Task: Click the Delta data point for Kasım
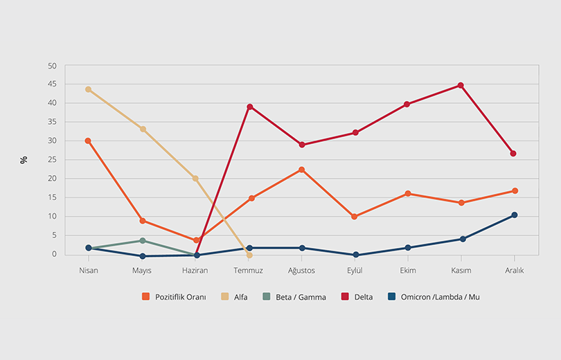click(461, 86)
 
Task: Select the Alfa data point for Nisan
click(89, 89)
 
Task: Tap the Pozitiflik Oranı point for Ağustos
click(302, 170)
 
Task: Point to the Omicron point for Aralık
click(514, 215)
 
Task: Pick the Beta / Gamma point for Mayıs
click(142, 241)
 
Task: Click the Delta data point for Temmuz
click(249, 107)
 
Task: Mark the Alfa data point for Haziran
click(195, 179)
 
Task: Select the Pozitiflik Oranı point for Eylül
click(355, 217)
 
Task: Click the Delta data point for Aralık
click(514, 154)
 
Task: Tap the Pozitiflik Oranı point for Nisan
click(88, 141)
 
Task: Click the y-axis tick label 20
click(53, 179)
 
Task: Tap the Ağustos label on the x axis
click(302, 271)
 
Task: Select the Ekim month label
click(407, 271)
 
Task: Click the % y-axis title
click(24, 160)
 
